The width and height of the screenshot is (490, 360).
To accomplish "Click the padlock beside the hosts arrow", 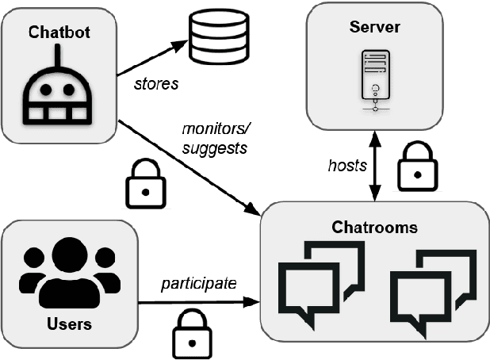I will pos(416,167).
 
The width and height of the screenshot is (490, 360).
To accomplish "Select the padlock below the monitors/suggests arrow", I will pos(147,185).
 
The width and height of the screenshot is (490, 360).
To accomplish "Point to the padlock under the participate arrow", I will pos(193,332).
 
